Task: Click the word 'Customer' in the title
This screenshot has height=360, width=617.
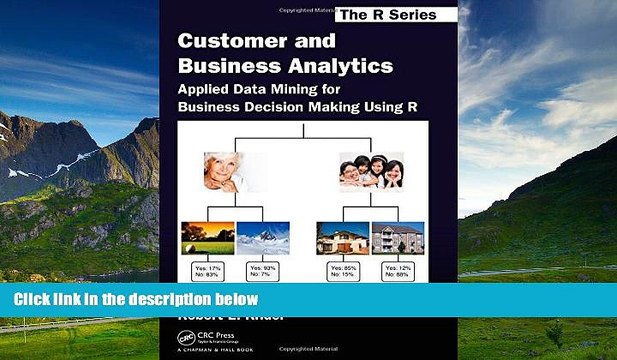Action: point(220,42)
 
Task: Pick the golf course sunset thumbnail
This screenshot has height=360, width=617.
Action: point(207,238)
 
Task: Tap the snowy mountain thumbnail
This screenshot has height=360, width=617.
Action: point(262,238)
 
